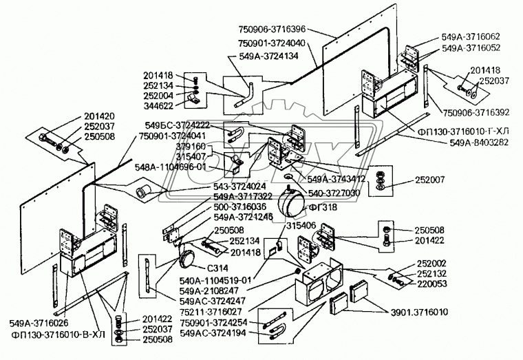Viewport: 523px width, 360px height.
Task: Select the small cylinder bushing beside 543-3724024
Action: pos(147,190)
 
